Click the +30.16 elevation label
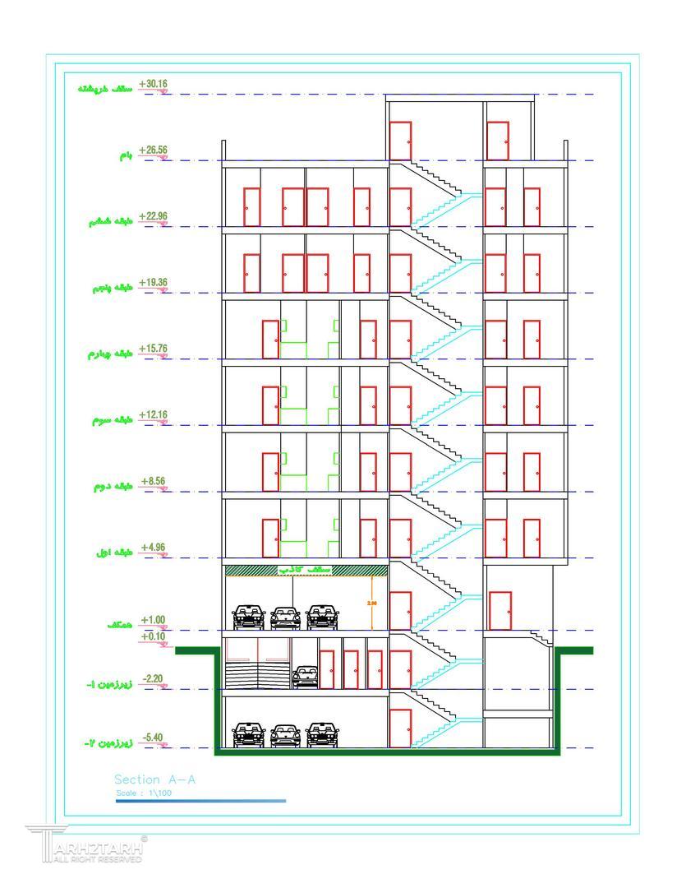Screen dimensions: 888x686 [153, 84]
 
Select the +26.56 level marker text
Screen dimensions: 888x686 [153, 150]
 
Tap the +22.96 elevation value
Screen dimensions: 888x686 [153, 216]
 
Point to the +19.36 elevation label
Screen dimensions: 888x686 [153, 283]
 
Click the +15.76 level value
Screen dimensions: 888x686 [153, 349]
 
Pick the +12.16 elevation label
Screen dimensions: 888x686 [153, 414]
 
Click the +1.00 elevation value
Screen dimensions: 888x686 [153, 620]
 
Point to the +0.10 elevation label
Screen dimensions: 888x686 [153, 636]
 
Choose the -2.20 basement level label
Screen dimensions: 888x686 [153, 678]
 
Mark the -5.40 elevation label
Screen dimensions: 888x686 [153, 738]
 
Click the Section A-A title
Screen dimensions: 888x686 [155, 779]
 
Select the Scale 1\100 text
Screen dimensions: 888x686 [145, 793]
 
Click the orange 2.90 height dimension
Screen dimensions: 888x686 [371, 603]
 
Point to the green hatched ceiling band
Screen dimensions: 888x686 [306, 570]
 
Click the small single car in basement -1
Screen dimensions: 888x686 [306, 677]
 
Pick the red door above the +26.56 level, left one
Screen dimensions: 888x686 [400, 141]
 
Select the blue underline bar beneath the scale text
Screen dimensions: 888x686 [201, 800]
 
